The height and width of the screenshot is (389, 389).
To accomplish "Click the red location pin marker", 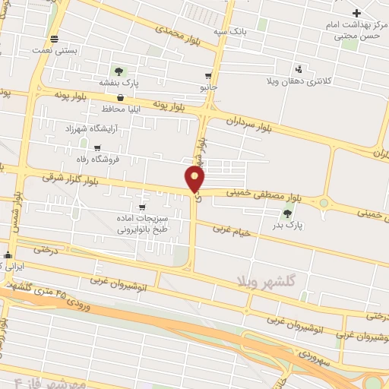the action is (195, 179).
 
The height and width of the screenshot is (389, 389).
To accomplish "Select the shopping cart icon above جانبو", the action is (208, 76).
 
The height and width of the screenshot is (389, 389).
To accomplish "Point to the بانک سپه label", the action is (231, 32).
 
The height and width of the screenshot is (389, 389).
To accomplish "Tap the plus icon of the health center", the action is (356, 12).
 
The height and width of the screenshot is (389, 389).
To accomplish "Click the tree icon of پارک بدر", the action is (287, 213).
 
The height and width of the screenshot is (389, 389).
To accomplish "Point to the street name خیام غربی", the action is (231, 229).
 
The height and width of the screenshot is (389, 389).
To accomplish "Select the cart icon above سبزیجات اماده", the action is (141, 207).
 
